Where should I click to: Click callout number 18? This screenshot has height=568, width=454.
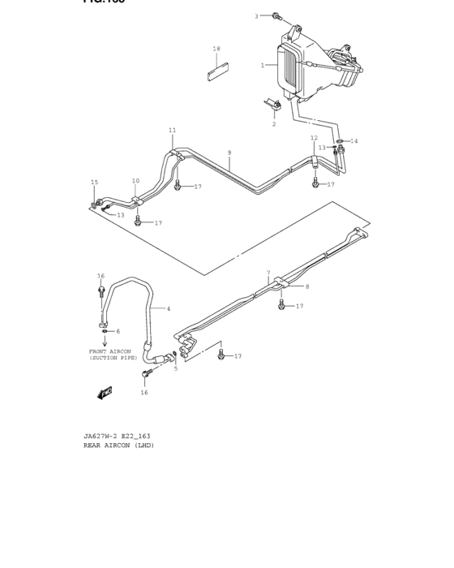coord(216,49)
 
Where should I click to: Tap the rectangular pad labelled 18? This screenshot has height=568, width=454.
coord(216,69)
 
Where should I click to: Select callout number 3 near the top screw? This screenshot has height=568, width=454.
coord(256,15)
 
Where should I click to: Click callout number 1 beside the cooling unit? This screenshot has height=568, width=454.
coord(262,65)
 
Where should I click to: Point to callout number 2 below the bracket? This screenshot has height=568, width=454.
coord(274,123)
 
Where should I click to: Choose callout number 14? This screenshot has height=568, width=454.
coord(353,141)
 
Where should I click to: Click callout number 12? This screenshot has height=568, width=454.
coord(314,138)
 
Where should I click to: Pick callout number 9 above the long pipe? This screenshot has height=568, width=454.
coord(229,153)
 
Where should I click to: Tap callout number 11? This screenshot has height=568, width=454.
coord(172,130)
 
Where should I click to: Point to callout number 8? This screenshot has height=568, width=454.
coord(307,286)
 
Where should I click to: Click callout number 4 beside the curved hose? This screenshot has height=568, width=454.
coord(169,308)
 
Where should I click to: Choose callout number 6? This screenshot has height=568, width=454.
coord(118,331)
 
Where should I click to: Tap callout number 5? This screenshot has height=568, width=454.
coord(176,368)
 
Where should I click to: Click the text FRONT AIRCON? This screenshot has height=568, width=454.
coord(109,351)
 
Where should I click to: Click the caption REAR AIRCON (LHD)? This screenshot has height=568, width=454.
coord(118,445)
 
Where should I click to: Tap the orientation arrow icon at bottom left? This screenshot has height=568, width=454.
coord(104,393)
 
